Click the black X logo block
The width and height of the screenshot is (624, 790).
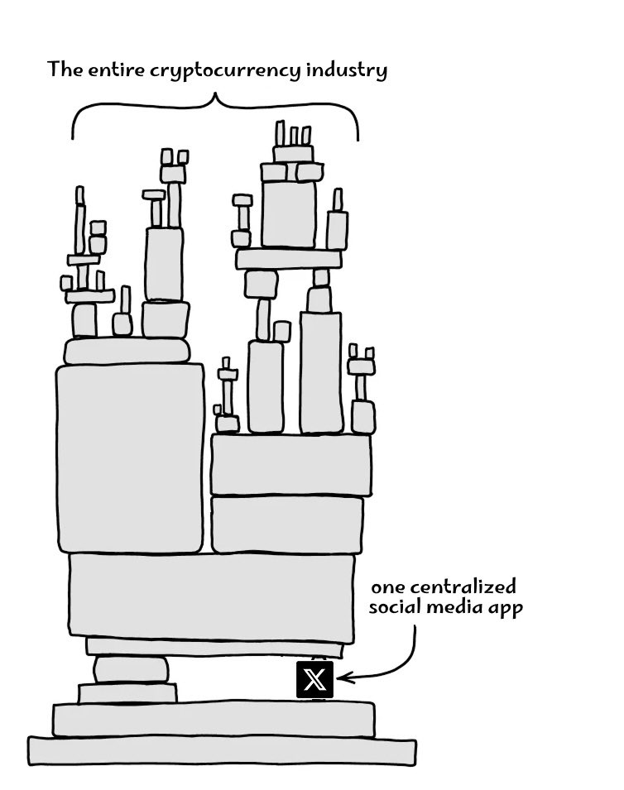pyautogui.click(x=314, y=680)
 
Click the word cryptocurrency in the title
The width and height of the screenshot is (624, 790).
pyautogui.click(x=214, y=69)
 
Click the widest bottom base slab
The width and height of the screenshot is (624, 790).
pyautogui.click(x=222, y=749)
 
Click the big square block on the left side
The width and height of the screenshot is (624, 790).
pyautogui.click(x=130, y=458)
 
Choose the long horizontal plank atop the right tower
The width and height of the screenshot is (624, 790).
pyautogui.click(x=289, y=259)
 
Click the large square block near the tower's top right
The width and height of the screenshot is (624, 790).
pyautogui.click(x=289, y=213)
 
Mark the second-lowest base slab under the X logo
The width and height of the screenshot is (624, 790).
pyautogui.click(x=213, y=718)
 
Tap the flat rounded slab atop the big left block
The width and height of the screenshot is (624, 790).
pyautogui.click(x=127, y=351)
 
